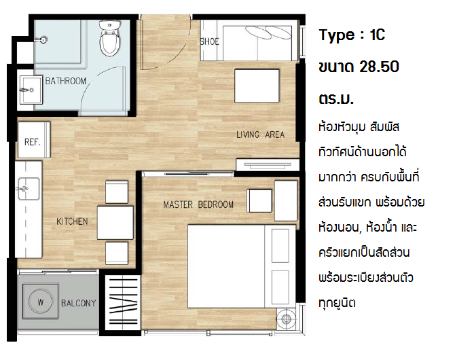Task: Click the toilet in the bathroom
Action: (x=110, y=38)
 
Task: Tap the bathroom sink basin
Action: (x=31, y=90)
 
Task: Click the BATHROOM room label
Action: (x=66, y=81)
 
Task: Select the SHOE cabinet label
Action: (x=209, y=42)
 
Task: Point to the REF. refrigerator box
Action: (x=34, y=140)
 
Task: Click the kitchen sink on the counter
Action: (x=29, y=189)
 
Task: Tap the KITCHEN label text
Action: (x=72, y=221)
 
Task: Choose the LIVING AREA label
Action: (x=260, y=134)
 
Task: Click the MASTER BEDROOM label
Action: (x=198, y=204)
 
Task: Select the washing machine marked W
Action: (x=40, y=302)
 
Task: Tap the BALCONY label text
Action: (x=78, y=304)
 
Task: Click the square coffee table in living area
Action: (x=257, y=86)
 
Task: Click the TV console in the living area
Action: (x=268, y=165)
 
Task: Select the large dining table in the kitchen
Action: (x=115, y=223)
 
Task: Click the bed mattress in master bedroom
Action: (x=226, y=266)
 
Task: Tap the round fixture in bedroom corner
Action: (x=286, y=319)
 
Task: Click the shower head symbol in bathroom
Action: (x=43, y=40)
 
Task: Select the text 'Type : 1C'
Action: (x=352, y=35)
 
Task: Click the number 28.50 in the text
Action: (x=379, y=67)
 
